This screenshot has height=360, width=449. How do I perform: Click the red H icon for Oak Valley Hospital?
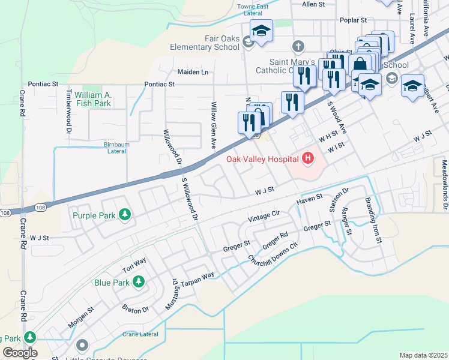(308, 158)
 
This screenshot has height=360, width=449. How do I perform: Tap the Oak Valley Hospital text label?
(262, 159)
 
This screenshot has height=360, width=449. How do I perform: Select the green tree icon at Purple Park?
(124, 215)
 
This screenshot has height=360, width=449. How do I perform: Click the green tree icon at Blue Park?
(138, 281)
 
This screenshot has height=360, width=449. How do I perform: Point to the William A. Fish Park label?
(89, 99)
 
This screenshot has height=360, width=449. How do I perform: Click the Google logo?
(19, 352)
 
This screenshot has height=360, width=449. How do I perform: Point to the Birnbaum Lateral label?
(107, 148)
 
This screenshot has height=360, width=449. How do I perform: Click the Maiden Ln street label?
(192, 72)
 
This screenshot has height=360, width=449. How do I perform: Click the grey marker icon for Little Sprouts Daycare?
(82, 345)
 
